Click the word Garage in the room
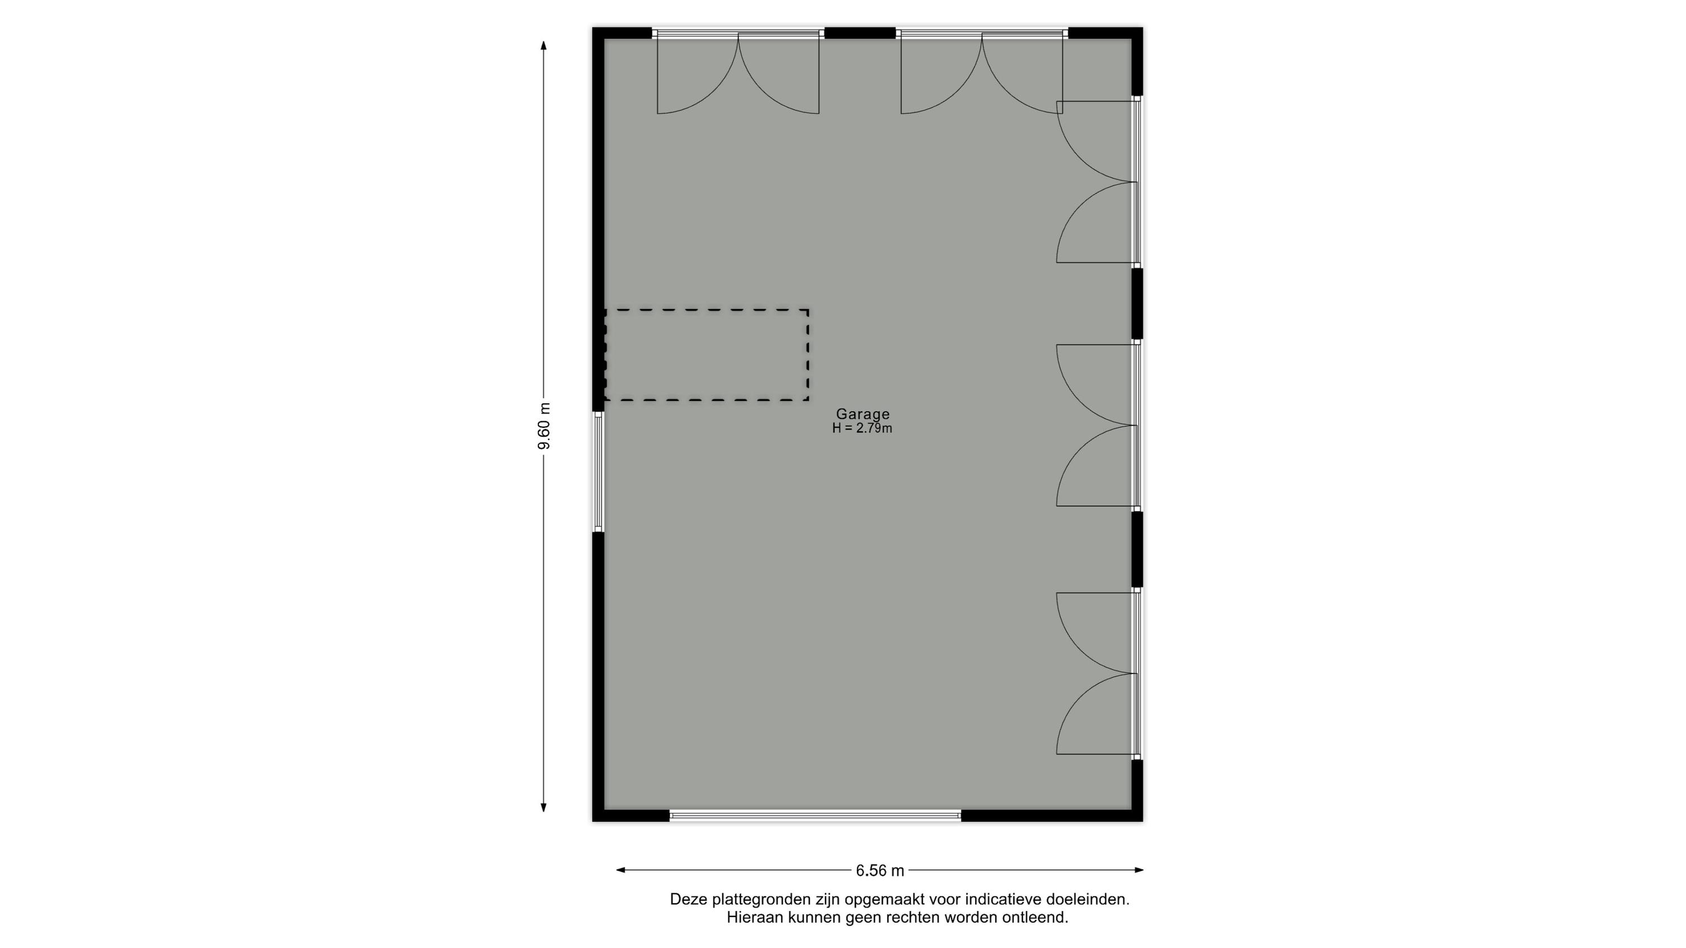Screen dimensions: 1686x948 coord(863,414)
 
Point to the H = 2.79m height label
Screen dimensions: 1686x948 coord(862,429)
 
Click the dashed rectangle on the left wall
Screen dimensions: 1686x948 coord(706,310)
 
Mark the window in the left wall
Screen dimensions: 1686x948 coord(598,472)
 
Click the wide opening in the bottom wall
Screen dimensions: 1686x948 coord(815,815)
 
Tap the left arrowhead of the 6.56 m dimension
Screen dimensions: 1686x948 coord(621,870)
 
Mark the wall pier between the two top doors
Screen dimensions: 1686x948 coord(859,33)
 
